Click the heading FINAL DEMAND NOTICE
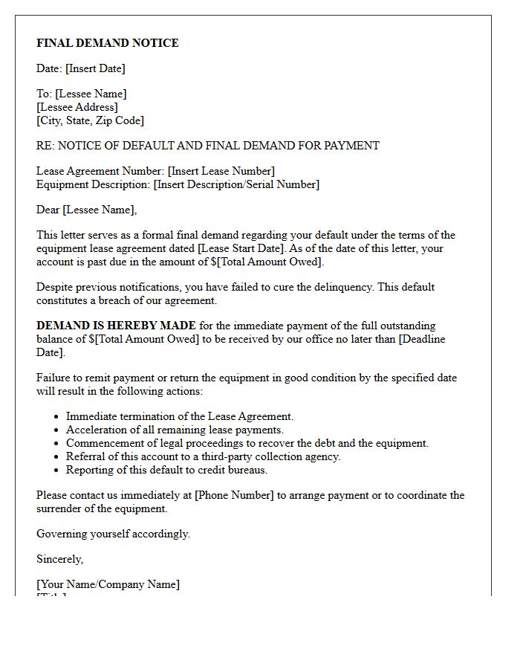pos(108,43)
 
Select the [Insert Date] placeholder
pos(95,68)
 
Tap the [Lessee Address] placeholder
pos(77,107)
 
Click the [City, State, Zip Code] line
pos(90,120)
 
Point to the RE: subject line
pos(208,146)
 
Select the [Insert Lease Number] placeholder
pos(221,171)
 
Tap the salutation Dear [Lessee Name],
pos(87,210)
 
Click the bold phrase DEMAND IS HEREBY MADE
pos(117,326)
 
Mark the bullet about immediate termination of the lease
pos(180,417)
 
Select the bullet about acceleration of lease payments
pos(175,430)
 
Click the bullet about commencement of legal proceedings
pos(247,443)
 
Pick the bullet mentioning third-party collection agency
pos(203,456)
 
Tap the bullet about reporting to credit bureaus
pos(166,470)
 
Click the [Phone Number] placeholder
pos(234,495)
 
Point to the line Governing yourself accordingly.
pos(113,534)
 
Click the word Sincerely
pos(59,559)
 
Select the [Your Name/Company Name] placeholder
pos(108,584)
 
